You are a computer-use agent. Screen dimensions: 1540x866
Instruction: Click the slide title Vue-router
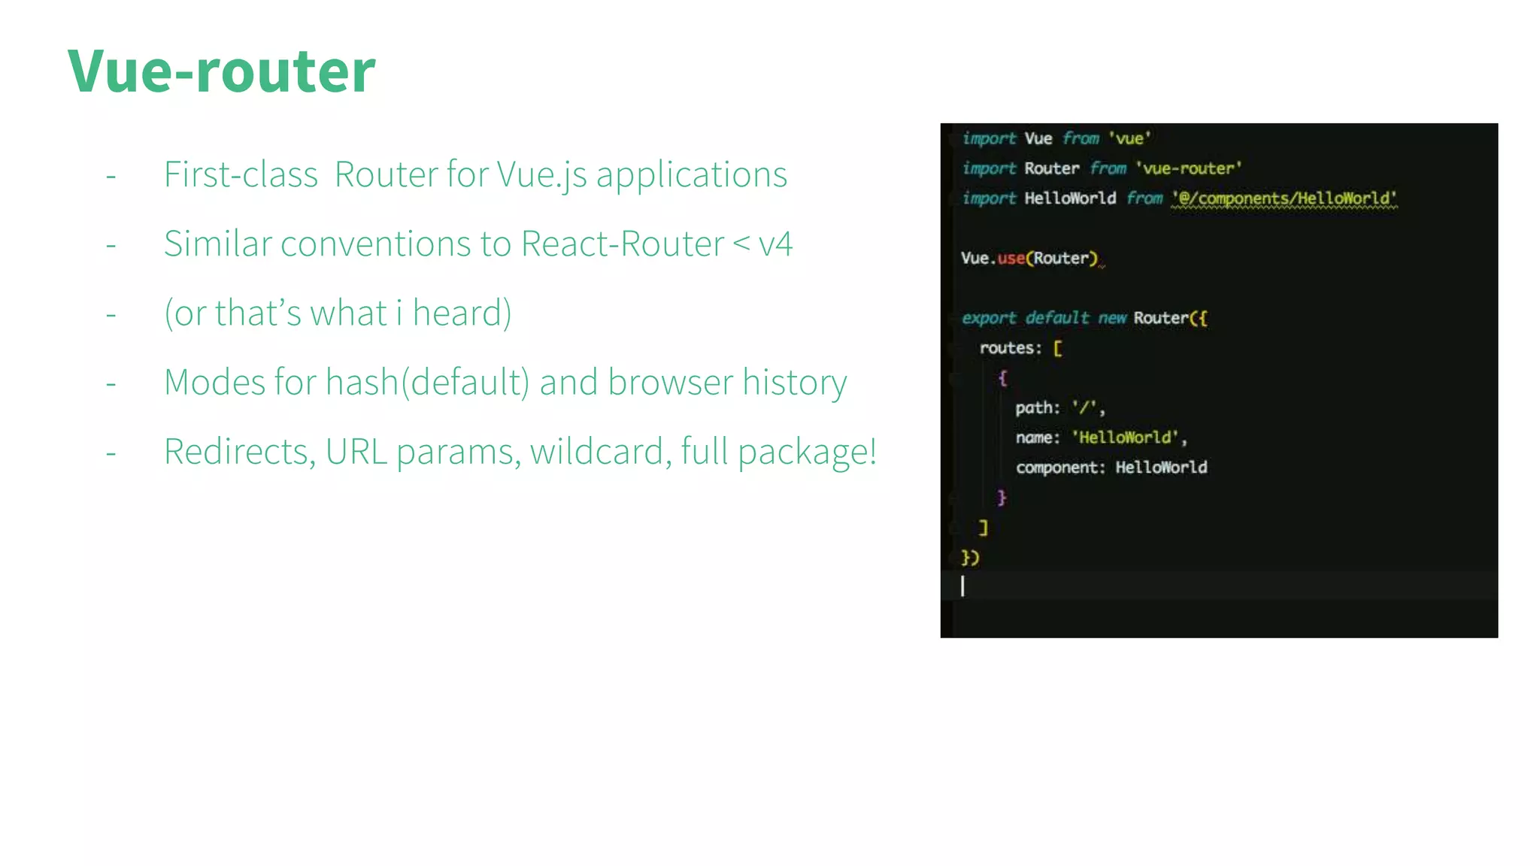221,71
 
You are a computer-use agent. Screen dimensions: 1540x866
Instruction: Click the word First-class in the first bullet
241,175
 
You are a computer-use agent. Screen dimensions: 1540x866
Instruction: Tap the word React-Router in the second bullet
622,244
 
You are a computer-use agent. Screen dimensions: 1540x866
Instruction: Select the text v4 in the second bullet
775,244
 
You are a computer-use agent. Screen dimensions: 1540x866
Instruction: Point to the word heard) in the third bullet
462,313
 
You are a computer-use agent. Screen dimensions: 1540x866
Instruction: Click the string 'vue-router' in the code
1188,168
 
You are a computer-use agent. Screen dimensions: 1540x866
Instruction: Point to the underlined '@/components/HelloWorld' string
1284,198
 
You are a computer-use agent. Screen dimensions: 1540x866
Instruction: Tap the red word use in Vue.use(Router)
1011,259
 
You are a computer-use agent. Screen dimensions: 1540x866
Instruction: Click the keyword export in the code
989,318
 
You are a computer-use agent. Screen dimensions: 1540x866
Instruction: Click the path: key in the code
1037,408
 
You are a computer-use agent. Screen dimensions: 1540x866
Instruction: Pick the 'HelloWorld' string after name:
1125,438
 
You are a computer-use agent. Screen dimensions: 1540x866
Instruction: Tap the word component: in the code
1060,468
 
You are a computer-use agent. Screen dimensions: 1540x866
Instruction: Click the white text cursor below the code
962,586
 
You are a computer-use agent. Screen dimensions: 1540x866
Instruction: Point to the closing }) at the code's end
970,558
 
